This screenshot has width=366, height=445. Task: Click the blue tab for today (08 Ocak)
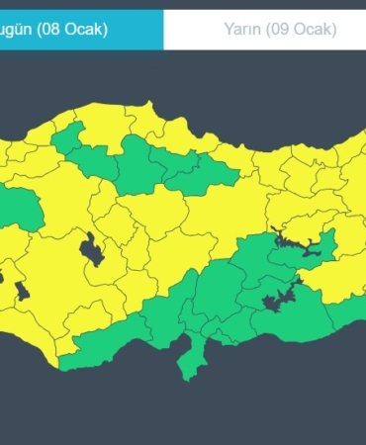[79, 29]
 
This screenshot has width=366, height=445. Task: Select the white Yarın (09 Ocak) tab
[265, 29]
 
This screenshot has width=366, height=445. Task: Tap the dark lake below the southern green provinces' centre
[271, 303]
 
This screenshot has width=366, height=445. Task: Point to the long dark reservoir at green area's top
[302, 244]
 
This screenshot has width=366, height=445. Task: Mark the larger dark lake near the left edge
[22, 290]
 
